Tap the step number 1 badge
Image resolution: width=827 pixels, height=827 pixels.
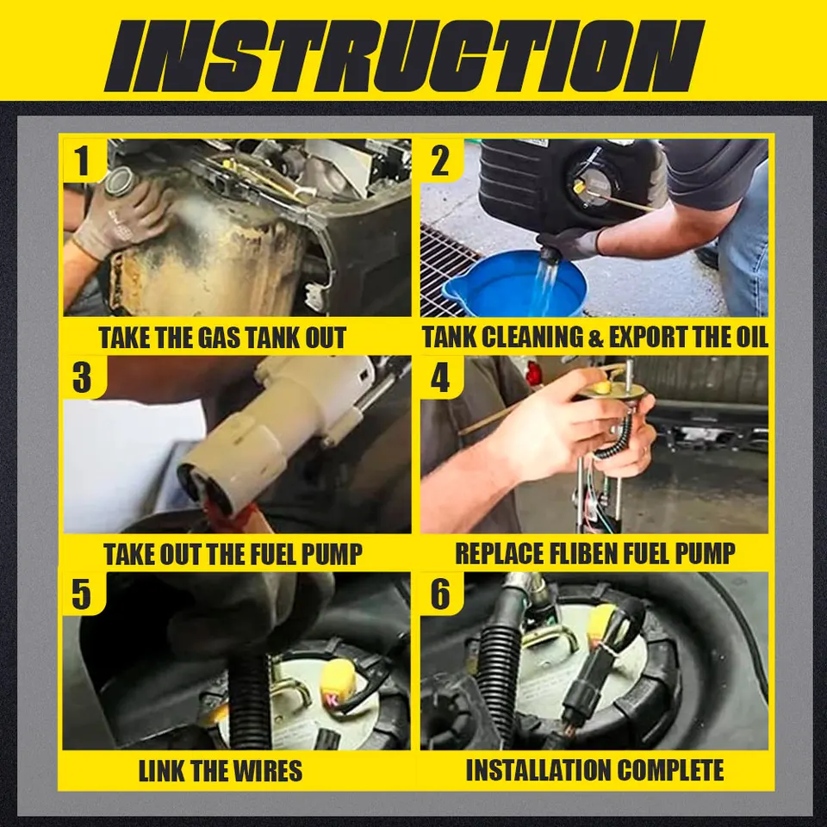click(x=83, y=160)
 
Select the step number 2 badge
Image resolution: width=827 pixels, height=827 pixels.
click(x=440, y=160)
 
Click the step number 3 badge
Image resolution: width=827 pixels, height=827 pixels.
click(x=83, y=377)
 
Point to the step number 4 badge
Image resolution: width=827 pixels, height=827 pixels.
click(x=440, y=377)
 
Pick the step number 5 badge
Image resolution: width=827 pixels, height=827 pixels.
click(x=83, y=594)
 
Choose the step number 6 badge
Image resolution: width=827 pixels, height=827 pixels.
click(x=440, y=594)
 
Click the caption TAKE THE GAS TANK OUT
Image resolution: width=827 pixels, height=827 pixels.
click(x=222, y=338)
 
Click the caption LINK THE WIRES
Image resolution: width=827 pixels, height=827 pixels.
click(x=221, y=771)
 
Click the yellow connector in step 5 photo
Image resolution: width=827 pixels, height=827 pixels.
click(x=339, y=681)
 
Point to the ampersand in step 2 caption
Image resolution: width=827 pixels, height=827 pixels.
click(x=595, y=338)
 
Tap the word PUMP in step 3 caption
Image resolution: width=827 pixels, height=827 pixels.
click(x=331, y=554)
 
